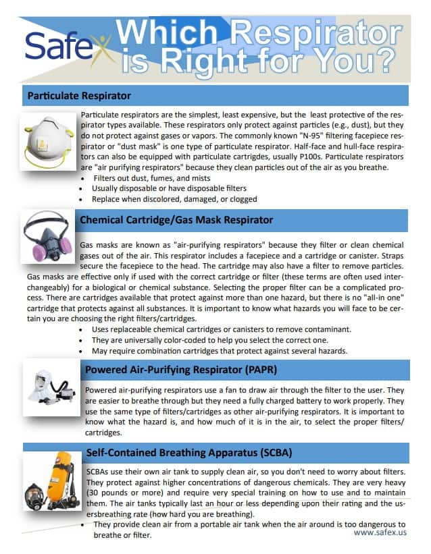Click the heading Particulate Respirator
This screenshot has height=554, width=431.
tap(79, 96)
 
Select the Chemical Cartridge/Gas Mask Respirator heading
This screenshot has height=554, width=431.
tap(176, 219)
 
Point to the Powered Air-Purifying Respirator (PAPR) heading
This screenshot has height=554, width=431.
tap(180, 370)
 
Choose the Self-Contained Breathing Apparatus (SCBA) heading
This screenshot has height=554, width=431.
tap(189, 451)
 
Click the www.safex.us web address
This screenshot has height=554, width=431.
tap(380, 532)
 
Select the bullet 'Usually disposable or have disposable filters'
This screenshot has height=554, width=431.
tap(169, 188)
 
